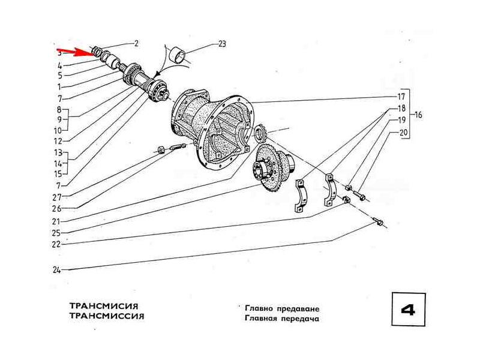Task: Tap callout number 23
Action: coord(222,43)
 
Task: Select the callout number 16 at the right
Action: coord(419,114)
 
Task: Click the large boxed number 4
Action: coord(407,310)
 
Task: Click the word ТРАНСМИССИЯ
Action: coord(106,316)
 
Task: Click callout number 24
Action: coord(57,270)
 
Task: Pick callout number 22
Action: coord(57,244)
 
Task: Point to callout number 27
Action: coord(57,196)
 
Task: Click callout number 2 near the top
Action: coord(136,43)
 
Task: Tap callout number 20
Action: coord(403,133)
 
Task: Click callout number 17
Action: coord(401,96)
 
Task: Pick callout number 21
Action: coord(57,221)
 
